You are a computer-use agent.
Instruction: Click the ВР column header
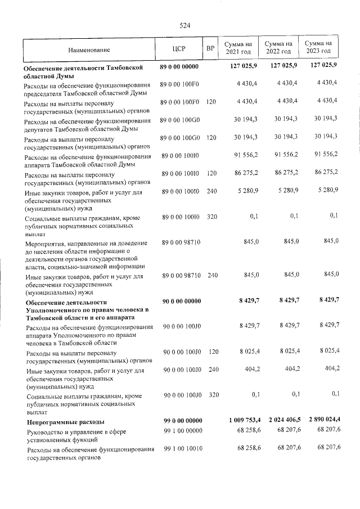(x=210, y=48)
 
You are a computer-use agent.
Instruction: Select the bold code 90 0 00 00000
(x=181, y=301)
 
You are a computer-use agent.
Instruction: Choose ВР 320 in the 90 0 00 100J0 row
(x=212, y=395)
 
